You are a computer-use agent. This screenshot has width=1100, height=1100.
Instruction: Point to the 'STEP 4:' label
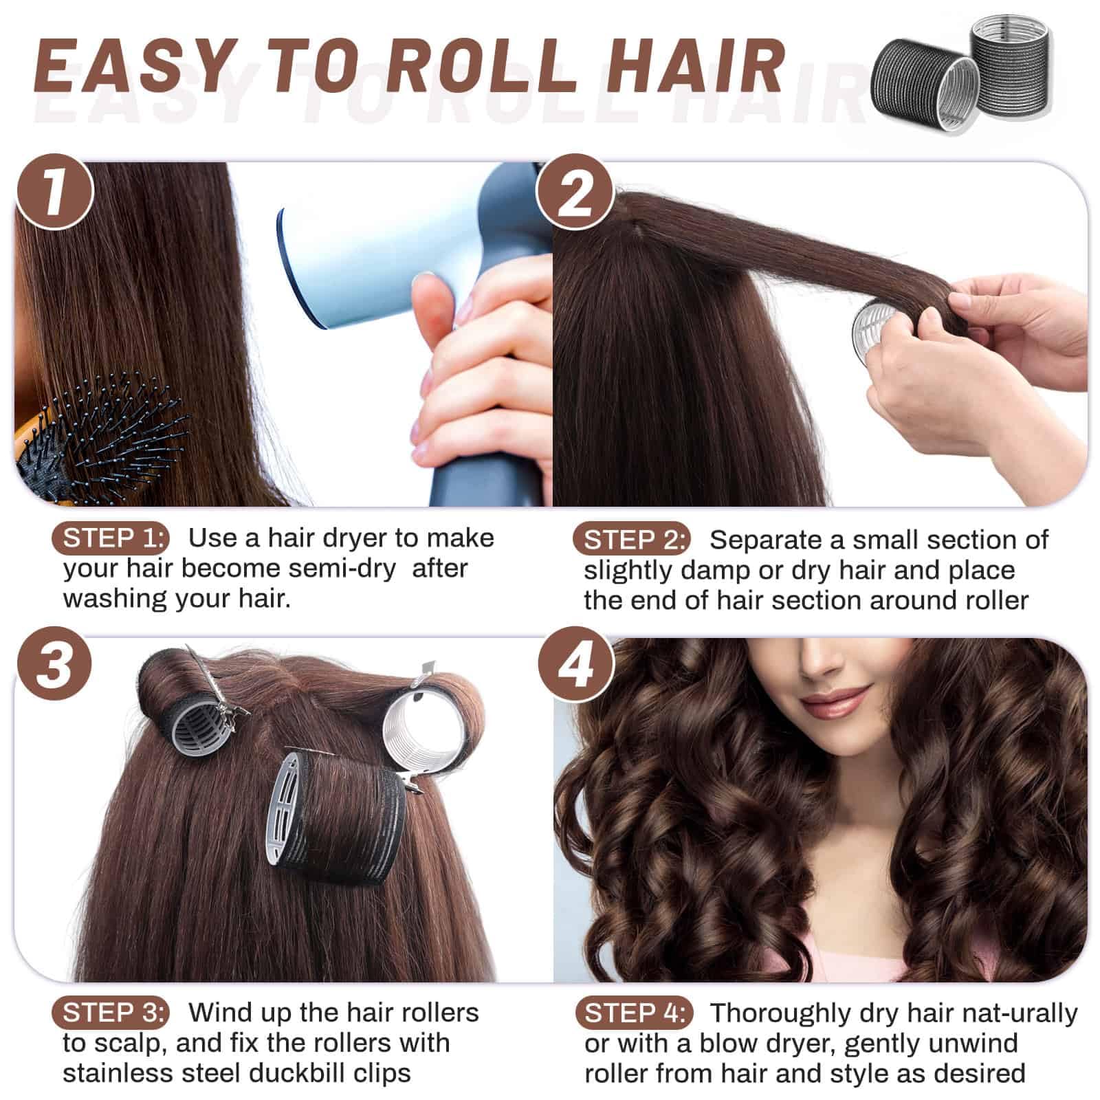tap(633, 1013)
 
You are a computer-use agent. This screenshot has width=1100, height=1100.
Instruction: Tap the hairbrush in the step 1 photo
tap(96, 433)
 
